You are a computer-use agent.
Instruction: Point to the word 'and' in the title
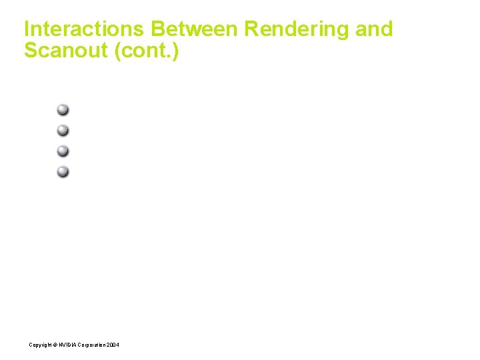[x=374, y=29]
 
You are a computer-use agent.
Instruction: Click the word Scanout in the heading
[x=67, y=51]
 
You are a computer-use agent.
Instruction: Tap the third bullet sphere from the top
[x=63, y=151]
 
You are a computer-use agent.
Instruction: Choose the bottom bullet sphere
[x=63, y=171]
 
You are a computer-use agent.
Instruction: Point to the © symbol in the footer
[x=55, y=345]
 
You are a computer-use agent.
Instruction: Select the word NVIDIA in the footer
[x=67, y=345]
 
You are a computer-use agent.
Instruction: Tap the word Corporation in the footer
[x=92, y=345]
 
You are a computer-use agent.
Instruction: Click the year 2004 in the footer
[x=114, y=345]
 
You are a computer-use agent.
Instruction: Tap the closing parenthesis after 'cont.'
[x=175, y=51]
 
